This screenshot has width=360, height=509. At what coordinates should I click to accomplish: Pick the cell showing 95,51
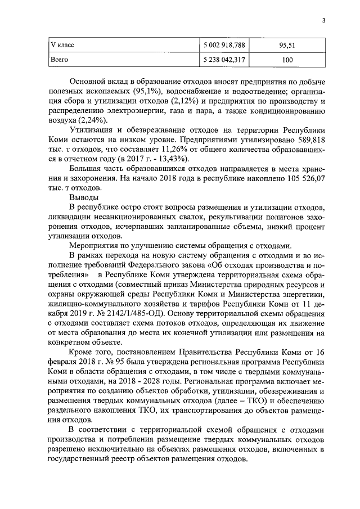[x=287, y=43]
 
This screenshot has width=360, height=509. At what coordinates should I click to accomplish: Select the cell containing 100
[x=287, y=57]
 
